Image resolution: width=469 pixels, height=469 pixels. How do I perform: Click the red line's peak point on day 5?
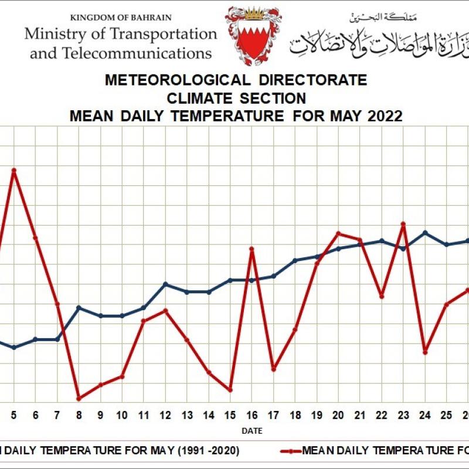click(x=13, y=170)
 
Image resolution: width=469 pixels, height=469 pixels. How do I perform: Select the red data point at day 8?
click(x=79, y=398)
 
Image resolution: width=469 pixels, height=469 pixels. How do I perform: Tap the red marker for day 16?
click(x=252, y=249)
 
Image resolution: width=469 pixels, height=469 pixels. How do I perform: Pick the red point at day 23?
click(x=403, y=223)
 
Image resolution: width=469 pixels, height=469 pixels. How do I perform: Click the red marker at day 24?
click(x=425, y=352)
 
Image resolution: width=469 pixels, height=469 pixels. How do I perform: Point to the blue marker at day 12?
click(x=165, y=284)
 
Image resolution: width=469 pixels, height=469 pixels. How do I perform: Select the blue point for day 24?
click(x=425, y=233)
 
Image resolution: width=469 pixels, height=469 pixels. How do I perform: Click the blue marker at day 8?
click(x=79, y=308)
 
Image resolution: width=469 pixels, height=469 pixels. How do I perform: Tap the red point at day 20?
click(x=338, y=233)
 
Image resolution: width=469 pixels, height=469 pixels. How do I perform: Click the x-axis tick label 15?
click(x=230, y=415)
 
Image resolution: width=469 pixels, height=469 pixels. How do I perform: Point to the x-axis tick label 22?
click(x=382, y=415)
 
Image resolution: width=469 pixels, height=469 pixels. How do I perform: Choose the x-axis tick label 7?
click(x=57, y=415)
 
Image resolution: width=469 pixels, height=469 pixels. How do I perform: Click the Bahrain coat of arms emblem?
click(x=253, y=36)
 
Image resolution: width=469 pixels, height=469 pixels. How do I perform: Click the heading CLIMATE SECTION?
click(x=236, y=97)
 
